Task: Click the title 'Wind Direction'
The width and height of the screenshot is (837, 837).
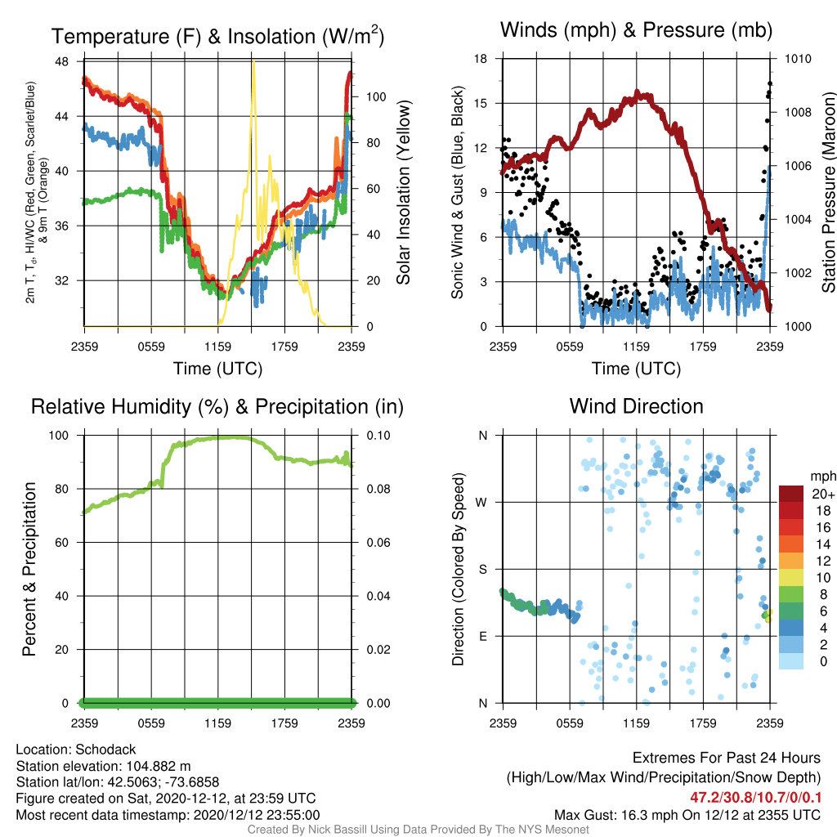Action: pos(636,407)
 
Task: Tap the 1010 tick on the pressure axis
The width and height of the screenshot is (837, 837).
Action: pos(798,59)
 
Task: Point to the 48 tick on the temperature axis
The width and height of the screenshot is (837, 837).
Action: pos(62,61)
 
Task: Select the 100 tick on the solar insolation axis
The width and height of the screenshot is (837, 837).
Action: pos(376,97)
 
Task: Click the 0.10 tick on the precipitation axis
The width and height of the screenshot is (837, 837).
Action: pos(378,436)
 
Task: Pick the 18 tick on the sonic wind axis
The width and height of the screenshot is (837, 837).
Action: pos(481,59)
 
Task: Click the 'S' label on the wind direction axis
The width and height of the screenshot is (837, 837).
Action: pos(482,570)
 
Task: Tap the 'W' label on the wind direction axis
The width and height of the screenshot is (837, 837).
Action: pos(481,503)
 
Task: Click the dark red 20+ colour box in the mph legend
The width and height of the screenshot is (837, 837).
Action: pos(791,494)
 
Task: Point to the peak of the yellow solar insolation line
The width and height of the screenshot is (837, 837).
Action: pos(253,62)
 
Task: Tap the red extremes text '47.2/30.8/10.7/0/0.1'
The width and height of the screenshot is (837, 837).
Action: pos(754,798)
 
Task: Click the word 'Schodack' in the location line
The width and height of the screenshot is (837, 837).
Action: pos(105,750)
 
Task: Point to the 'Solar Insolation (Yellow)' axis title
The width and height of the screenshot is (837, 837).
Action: pos(404,192)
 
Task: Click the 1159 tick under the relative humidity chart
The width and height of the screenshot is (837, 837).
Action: pos(217,723)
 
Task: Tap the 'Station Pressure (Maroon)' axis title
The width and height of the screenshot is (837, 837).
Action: pos(829,192)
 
